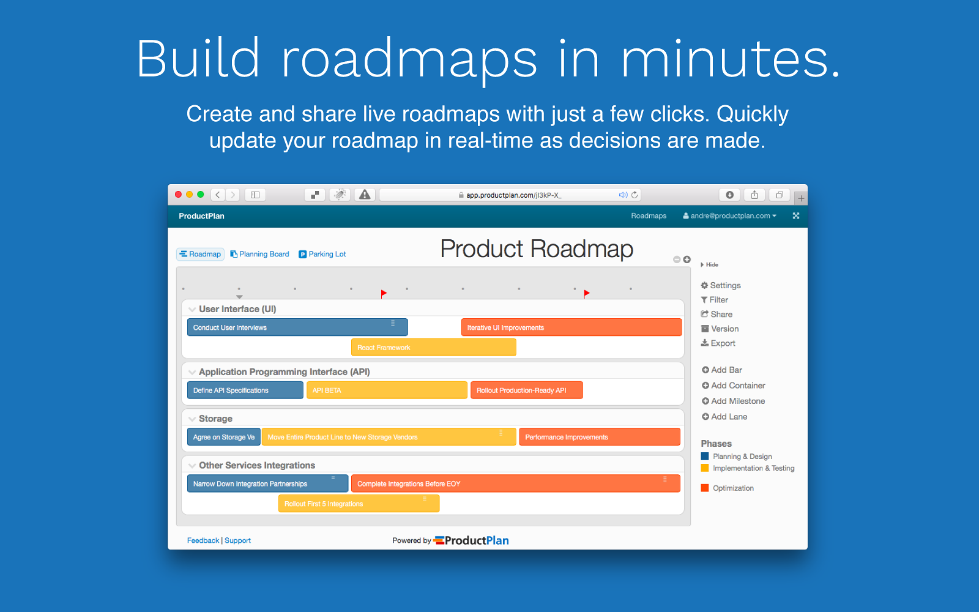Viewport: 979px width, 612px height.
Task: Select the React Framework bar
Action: click(433, 348)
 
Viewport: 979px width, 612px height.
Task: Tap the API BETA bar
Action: click(386, 390)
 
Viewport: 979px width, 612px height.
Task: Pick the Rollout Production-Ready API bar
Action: click(526, 390)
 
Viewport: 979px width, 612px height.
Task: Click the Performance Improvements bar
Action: click(599, 437)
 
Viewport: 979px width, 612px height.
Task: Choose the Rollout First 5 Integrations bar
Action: click(359, 504)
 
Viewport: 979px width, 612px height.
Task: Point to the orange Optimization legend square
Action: click(705, 488)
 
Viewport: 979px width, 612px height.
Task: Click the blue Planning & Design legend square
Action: click(705, 456)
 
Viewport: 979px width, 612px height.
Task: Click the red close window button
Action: click(179, 195)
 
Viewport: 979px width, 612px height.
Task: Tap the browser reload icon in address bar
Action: click(635, 195)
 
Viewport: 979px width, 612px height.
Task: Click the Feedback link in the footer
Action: click(203, 540)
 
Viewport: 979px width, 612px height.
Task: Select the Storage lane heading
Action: click(215, 419)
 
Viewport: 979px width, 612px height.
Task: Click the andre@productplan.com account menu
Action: click(730, 216)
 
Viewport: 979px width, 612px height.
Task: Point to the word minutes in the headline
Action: click(731, 59)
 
